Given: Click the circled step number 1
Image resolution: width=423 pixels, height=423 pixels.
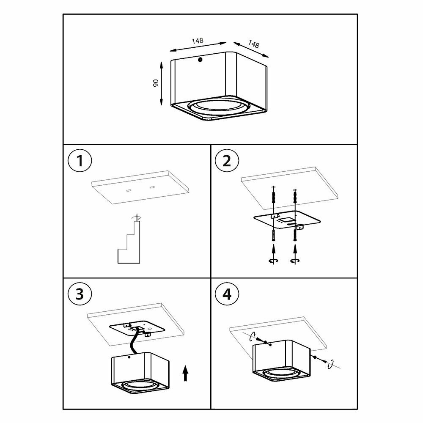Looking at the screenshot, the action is coord(80,161).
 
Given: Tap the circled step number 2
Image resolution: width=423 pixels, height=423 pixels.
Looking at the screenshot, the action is coord(227,161).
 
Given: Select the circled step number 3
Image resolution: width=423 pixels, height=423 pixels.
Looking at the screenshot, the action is coord(80,294).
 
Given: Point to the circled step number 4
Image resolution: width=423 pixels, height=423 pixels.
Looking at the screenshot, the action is coord(227,294).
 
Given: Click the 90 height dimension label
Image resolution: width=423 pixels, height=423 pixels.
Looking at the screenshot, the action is coord(156,83).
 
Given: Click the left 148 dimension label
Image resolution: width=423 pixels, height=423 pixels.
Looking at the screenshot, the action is coord(198,41).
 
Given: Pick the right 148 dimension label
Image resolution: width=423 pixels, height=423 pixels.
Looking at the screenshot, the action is coord(253,44).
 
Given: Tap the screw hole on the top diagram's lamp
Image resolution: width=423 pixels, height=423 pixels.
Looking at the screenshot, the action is coord(200,60).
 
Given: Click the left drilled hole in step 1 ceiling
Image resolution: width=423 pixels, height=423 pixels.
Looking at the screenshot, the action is coord(129,190).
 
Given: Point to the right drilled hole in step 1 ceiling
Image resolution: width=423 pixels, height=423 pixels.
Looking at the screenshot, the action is coord(152,187).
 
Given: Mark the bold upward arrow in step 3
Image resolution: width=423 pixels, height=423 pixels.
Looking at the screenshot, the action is coord(185,374).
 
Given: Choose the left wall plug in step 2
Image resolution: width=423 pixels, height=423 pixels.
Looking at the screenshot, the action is coord(274,196).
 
